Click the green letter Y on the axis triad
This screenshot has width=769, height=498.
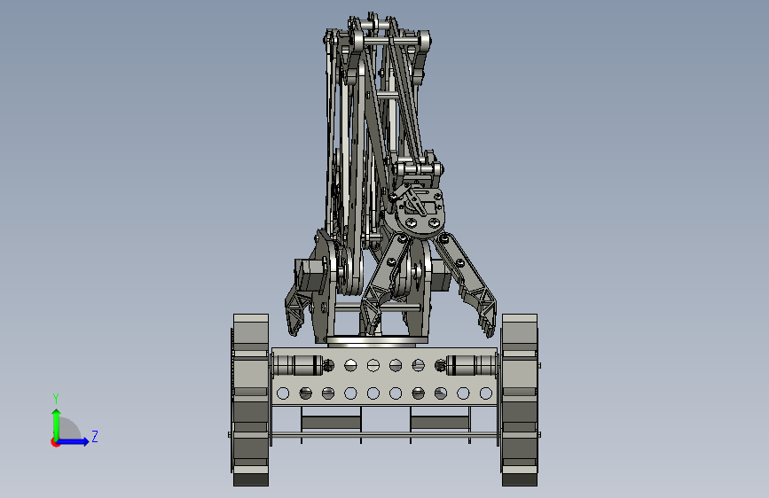coord(56,398)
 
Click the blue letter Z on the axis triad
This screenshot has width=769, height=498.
coord(95,436)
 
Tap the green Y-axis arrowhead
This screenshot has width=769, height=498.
coord(57,413)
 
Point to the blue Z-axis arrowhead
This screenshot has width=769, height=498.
coord(86,441)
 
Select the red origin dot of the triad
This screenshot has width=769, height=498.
coord(55,442)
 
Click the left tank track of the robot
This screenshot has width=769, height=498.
coord(251,400)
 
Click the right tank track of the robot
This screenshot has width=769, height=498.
coord(520,400)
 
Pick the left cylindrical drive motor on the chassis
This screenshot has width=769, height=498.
coord(298,366)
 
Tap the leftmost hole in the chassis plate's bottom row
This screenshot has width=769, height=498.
coord(283,393)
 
